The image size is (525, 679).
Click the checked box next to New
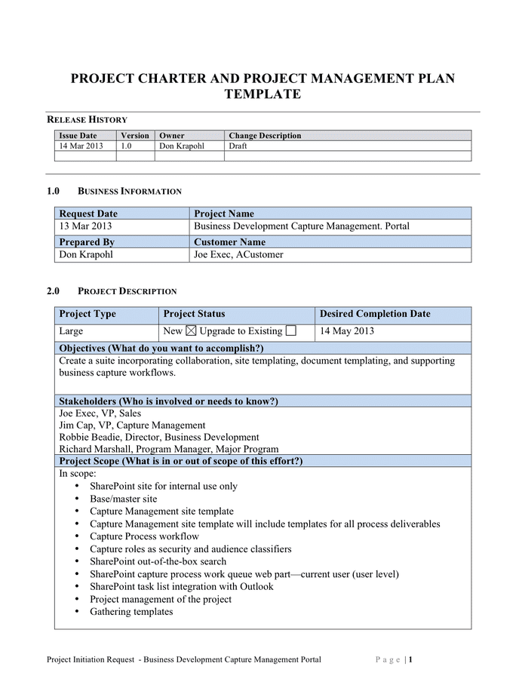pos(190,330)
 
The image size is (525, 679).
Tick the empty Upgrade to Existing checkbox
pos(291,330)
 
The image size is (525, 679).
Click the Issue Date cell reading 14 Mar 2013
pos(81,146)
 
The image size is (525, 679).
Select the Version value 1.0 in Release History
pos(126,146)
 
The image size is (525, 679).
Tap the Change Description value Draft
pos(238,146)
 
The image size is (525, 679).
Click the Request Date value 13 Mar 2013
pos(86,226)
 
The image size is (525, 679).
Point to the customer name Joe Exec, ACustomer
pos(238,255)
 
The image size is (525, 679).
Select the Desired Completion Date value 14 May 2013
pos(347,330)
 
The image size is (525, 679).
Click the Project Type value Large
pos(71,330)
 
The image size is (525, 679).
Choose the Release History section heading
pos(87,119)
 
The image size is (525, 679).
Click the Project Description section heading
pos(127,291)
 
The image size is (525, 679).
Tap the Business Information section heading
pos(129,192)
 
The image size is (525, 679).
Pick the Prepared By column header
pos(86,242)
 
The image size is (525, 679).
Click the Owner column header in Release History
pos(171,136)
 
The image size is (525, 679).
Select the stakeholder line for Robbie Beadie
pos(158,437)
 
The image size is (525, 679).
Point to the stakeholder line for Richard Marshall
pos(168,449)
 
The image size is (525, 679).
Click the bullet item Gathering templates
pos(131,611)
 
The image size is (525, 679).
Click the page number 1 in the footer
pos(411,659)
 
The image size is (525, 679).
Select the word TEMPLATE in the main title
pos(262,94)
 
